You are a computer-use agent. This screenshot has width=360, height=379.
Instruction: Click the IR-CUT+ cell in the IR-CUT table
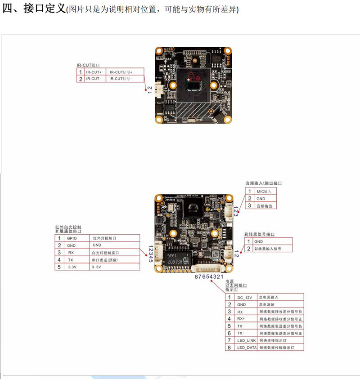tap(94, 72)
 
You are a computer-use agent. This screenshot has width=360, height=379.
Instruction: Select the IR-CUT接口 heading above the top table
tap(88, 65)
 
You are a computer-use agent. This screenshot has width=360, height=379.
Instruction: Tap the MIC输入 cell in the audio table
tap(264, 191)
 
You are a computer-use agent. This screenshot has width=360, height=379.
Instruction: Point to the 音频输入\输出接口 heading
tap(264, 183)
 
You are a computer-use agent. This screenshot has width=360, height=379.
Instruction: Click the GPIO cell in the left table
tap(72, 238)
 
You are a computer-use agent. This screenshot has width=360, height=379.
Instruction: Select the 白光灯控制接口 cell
tap(106, 253)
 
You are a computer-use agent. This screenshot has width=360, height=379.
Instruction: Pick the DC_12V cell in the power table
tap(246, 297)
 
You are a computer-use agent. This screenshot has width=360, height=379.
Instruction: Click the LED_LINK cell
tap(246, 340)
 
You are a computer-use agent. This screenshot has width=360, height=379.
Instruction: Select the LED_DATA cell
tap(246, 348)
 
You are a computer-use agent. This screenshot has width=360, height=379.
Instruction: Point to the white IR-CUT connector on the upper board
tap(158, 90)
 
